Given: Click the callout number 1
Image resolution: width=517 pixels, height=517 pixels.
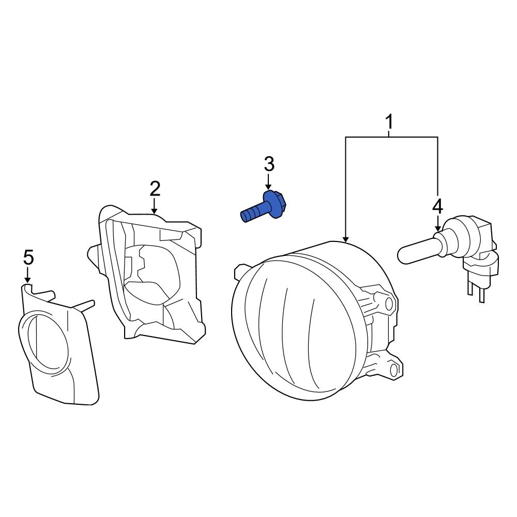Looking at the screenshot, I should (389, 123).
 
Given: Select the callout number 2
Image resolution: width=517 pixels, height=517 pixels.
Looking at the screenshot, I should (155, 189).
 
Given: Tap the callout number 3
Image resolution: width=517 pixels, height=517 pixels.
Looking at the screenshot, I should (269, 164).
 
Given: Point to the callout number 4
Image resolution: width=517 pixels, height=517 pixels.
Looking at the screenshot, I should (437, 206).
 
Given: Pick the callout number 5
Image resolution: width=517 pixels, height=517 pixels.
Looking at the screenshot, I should (28, 256).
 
